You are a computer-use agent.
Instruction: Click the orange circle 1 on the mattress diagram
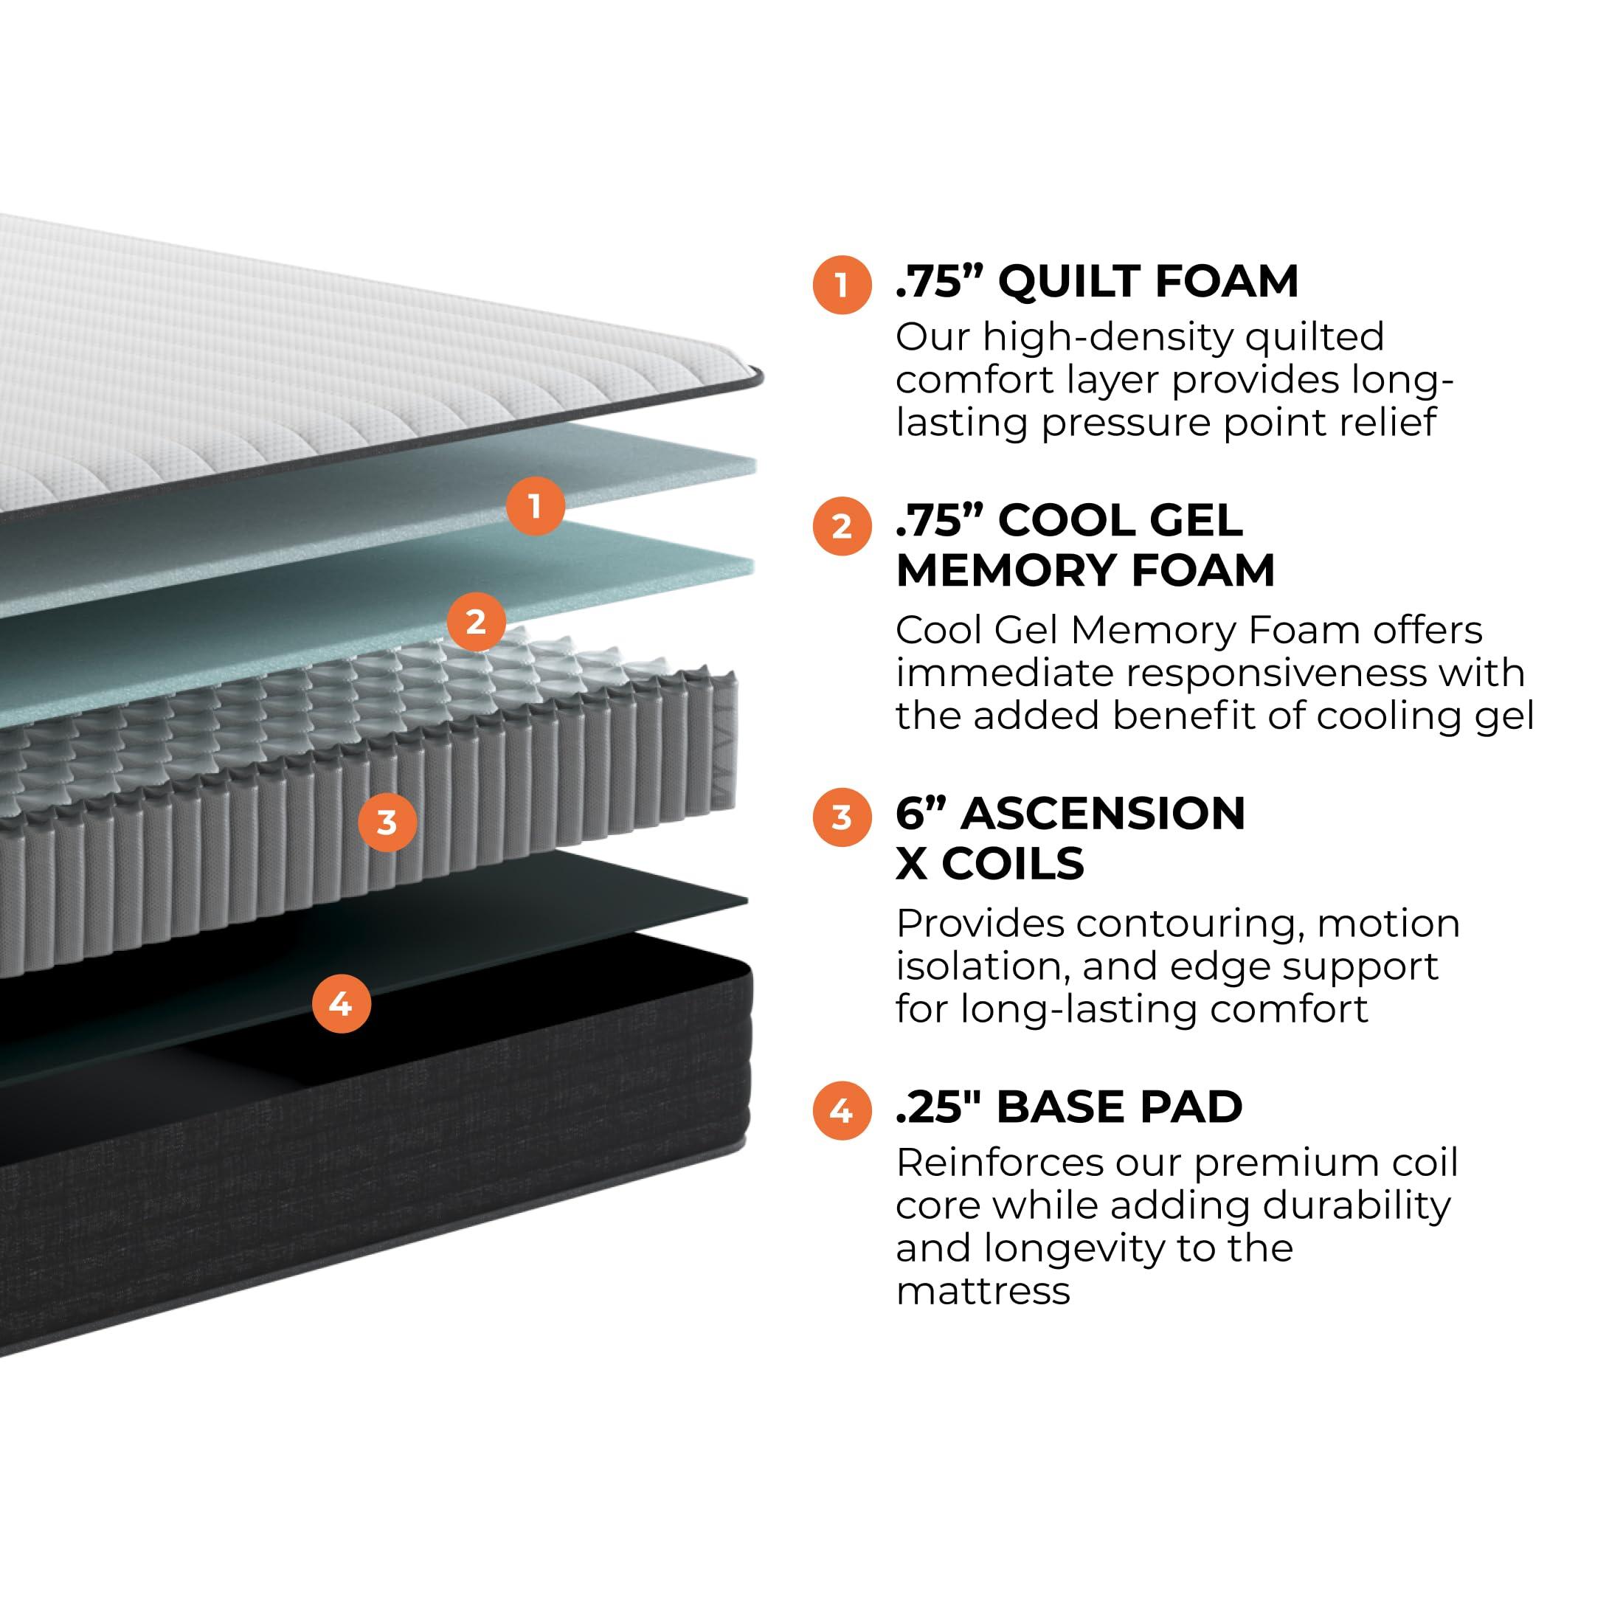tap(535, 507)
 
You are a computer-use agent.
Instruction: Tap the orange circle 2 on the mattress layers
tap(476, 622)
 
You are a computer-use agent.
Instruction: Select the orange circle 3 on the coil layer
tap(387, 822)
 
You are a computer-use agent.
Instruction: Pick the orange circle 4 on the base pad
tap(341, 1003)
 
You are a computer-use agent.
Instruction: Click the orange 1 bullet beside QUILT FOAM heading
tap(841, 285)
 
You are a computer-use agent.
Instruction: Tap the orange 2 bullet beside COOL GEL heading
tap(841, 527)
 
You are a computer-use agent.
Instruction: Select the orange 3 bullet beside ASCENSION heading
tap(841, 817)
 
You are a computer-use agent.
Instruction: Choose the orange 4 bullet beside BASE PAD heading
tap(841, 1110)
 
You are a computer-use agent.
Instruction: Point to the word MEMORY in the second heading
tap(1006, 570)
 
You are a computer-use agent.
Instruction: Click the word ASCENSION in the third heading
tap(1103, 813)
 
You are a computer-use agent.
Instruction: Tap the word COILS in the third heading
tap(1012, 862)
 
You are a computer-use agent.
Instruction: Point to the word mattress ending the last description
tap(983, 1291)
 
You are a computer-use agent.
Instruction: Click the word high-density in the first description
tap(1108, 338)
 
